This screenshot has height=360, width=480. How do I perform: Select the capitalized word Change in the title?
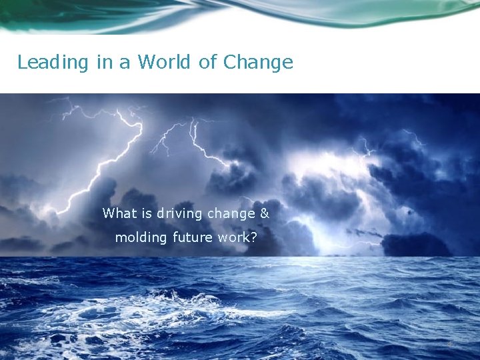point(258,63)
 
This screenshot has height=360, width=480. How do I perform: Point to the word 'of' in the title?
point(208,63)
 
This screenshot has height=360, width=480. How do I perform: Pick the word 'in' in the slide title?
point(104,63)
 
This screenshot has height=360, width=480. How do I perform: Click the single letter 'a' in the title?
point(125,63)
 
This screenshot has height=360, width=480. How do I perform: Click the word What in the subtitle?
point(120,213)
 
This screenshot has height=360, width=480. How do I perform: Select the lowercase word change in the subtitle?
point(231,214)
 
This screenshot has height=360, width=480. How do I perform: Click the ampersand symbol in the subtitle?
point(264,214)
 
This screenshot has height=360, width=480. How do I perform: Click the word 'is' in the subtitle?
point(148,213)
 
